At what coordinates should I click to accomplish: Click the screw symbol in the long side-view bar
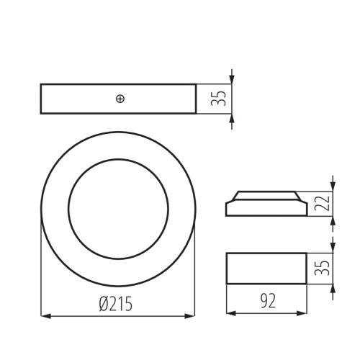[120, 99]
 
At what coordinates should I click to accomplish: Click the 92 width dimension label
[267, 299]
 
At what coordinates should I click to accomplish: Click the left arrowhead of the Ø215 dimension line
[45, 315]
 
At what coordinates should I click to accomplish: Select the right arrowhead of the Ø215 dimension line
[191, 315]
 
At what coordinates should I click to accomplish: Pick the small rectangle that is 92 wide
[266, 269]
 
